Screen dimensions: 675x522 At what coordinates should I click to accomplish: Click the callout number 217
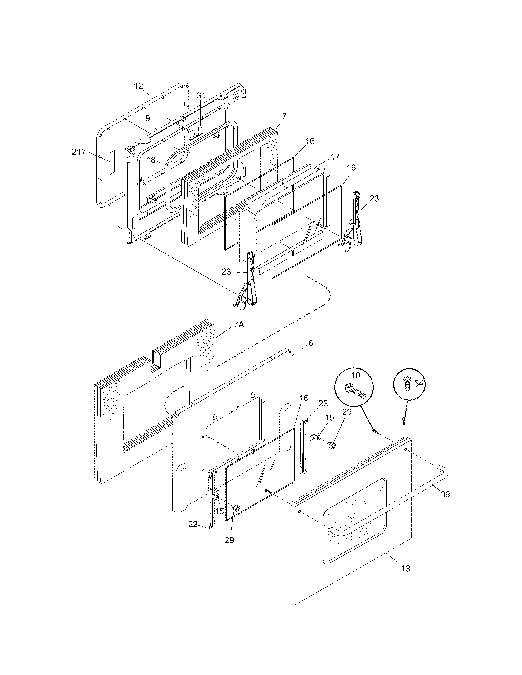(79, 152)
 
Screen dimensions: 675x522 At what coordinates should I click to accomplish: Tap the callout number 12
(139, 86)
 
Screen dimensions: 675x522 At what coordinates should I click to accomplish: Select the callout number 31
(201, 95)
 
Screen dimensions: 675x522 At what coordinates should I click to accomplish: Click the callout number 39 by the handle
(445, 494)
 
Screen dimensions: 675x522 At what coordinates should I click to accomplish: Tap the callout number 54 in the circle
(419, 384)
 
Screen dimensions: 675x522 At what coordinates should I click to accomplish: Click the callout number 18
(151, 160)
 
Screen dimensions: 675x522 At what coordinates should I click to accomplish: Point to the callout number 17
(335, 156)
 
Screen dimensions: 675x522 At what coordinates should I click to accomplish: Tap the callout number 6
(310, 343)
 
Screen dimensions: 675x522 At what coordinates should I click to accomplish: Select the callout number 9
(148, 118)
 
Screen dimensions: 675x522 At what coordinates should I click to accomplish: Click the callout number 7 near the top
(284, 116)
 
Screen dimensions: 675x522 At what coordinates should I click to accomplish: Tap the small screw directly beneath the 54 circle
(403, 419)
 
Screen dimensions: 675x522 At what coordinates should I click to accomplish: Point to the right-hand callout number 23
(374, 198)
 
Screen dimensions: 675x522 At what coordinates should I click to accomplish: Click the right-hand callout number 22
(323, 403)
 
